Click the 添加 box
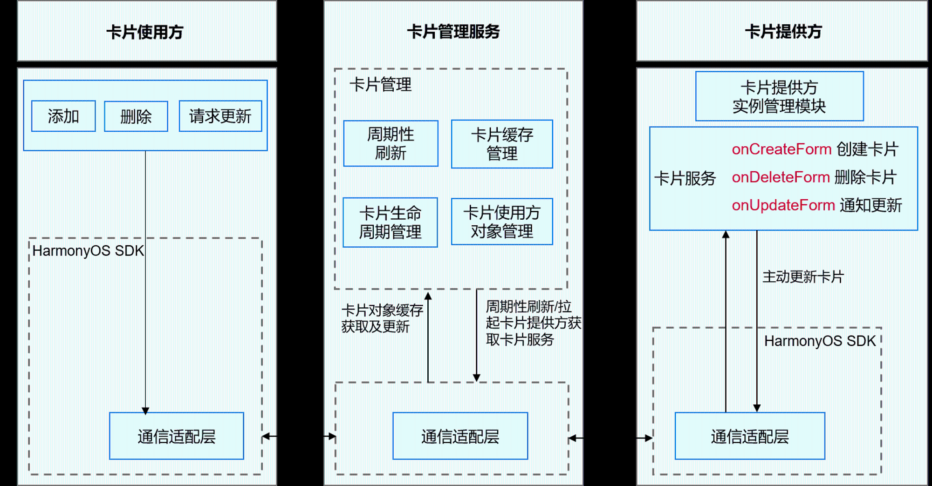pos(63,116)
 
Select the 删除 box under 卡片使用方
pos(136,116)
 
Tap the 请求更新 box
pos(220,116)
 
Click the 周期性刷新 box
pos(391,143)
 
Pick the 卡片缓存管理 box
pos(502,144)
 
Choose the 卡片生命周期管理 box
pos(390,222)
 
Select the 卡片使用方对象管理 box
pos(502,222)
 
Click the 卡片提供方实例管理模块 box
pos(779,96)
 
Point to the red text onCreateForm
pos(781,149)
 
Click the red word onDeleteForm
pos(781,177)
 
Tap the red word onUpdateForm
pos(783,205)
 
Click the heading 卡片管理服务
pos(453,32)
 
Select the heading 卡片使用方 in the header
pos(145,32)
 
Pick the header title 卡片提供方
pos(783,32)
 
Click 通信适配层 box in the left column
pos(177,436)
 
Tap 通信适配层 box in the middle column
pos(460,436)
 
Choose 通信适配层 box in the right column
pos(750,436)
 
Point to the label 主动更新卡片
pos(803,277)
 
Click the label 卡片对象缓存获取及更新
pos(382,318)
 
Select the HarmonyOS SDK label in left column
pos(88,250)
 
